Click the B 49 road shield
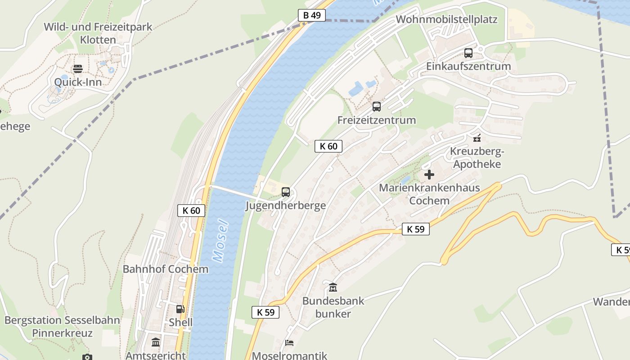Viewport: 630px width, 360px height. pyautogui.click(x=311, y=15)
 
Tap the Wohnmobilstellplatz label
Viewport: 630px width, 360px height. pyautogui.click(x=446, y=19)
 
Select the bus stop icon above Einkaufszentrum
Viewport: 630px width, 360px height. pyautogui.click(x=468, y=53)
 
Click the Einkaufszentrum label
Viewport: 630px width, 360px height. pyautogui.click(x=468, y=66)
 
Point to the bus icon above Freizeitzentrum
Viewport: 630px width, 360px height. pyautogui.click(x=377, y=107)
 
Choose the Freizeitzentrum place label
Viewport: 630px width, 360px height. pyautogui.click(x=377, y=120)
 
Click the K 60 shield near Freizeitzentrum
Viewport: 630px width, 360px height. pyautogui.click(x=328, y=146)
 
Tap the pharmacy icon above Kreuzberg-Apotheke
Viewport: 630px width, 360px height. pyautogui.click(x=477, y=138)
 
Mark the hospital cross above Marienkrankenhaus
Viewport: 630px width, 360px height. pyautogui.click(x=429, y=175)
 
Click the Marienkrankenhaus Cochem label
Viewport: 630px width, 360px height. pyautogui.click(x=429, y=194)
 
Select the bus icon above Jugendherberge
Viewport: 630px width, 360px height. pyautogui.click(x=286, y=192)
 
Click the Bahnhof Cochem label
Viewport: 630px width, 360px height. pyautogui.click(x=166, y=269)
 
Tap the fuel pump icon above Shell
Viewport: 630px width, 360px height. pyautogui.click(x=180, y=309)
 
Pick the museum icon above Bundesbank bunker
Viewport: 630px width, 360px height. pyautogui.click(x=333, y=287)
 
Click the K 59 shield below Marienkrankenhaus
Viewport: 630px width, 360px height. pyautogui.click(x=415, y=229)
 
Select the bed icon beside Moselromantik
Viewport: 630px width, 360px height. pyautogui.click(x=289, y=343)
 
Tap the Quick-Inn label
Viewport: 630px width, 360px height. pyautogui.click(x=78, y=82)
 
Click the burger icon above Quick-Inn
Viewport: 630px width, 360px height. pyautogui.click(x=78, y=69)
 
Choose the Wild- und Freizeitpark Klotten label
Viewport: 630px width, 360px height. pyautogui.click(x=98, y=33)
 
